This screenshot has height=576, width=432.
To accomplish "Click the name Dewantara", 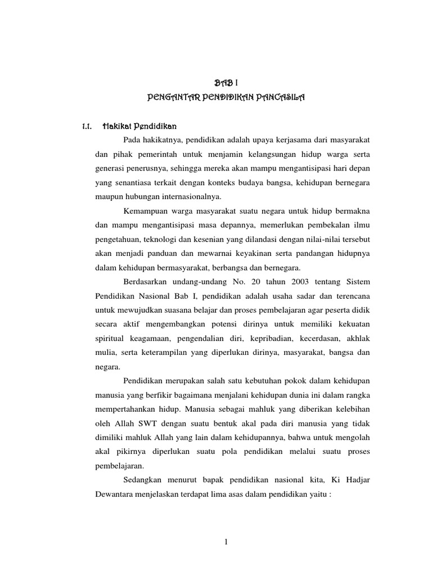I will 115,494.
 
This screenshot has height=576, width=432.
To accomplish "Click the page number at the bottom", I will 225,542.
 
